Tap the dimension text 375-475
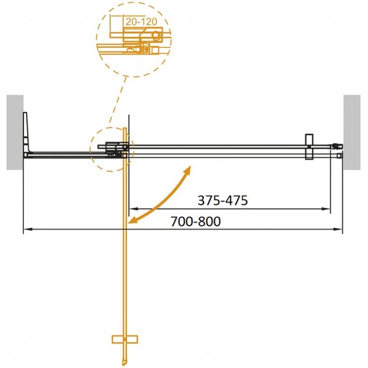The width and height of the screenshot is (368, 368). (x=222, y=201)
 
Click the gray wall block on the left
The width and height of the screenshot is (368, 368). (x=15, y=132)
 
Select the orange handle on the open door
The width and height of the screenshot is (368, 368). (x=125, y=339)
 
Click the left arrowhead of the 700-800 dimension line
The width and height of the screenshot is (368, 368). (x=27, y=230)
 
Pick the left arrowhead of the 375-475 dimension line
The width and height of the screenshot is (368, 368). (x=134, y=209)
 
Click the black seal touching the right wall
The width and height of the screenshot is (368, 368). (x=336, y=145)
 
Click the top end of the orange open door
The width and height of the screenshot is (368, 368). (x=125, y=130)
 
